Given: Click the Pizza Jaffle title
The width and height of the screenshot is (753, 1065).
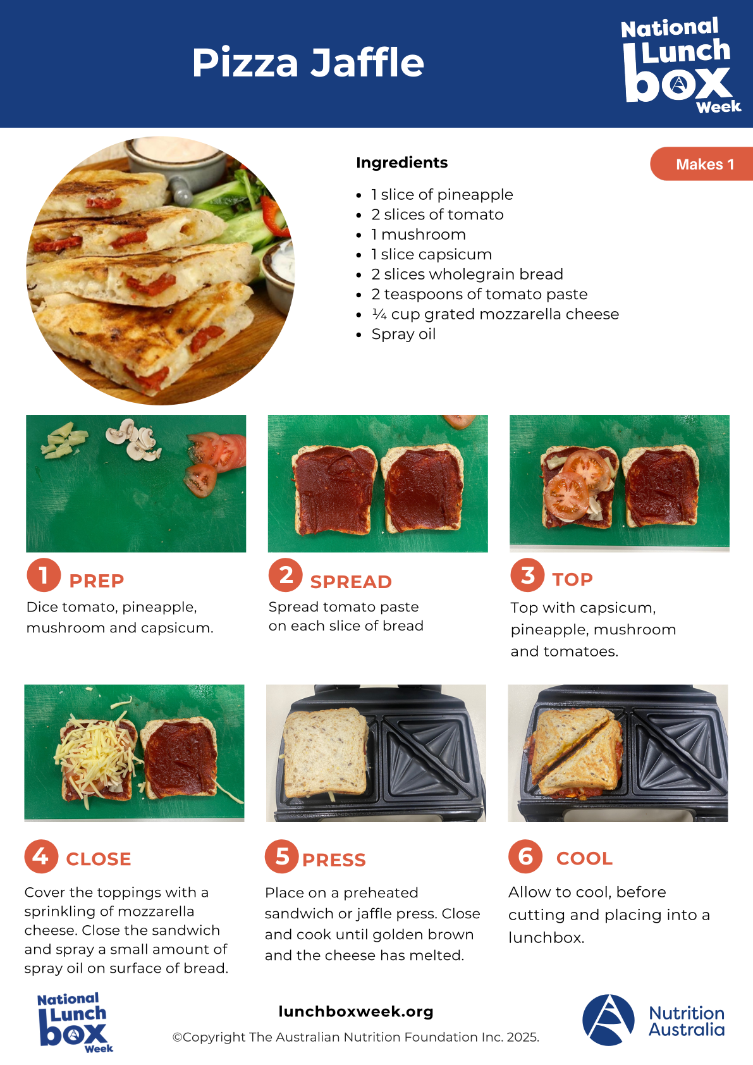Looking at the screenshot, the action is [x=307, y=63].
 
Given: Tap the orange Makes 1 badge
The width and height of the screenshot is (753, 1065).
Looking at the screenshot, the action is [x=702, y=164].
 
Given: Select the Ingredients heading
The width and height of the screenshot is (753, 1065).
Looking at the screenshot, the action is [x=401, y=163].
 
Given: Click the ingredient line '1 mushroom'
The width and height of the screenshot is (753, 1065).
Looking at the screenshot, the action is [x=419, y=235].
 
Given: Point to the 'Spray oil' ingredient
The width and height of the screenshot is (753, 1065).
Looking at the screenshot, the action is [x=403, y=334].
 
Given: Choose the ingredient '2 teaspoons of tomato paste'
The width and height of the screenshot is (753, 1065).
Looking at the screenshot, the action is [x=479, y=294].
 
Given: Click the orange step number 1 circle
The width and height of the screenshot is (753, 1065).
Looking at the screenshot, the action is [x=44, y=575].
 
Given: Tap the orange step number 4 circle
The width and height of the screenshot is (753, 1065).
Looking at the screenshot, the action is [x=41, y=856].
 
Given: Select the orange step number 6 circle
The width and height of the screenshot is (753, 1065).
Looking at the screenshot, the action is [x=525, y=856].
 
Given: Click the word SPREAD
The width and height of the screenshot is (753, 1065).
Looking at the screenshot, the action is [x=351, y=582].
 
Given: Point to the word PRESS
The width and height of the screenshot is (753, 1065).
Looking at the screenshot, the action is [x=334, y=860].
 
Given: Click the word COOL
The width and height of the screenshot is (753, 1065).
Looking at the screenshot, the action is [x=585, y=859].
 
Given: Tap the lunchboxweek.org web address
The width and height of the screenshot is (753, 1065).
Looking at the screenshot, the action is [x=356, y=1011].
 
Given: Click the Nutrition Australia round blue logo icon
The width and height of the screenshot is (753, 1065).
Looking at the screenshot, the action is [x=608, y=1020].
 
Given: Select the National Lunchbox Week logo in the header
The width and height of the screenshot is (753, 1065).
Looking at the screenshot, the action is [x=680, y=65].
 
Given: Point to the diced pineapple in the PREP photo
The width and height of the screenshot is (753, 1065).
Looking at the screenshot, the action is [x=64, y=440].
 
